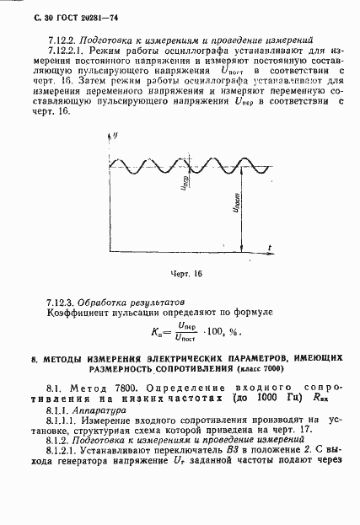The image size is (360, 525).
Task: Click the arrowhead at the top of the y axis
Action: point(112,137)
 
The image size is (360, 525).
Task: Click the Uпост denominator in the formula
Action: point(180,340)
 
